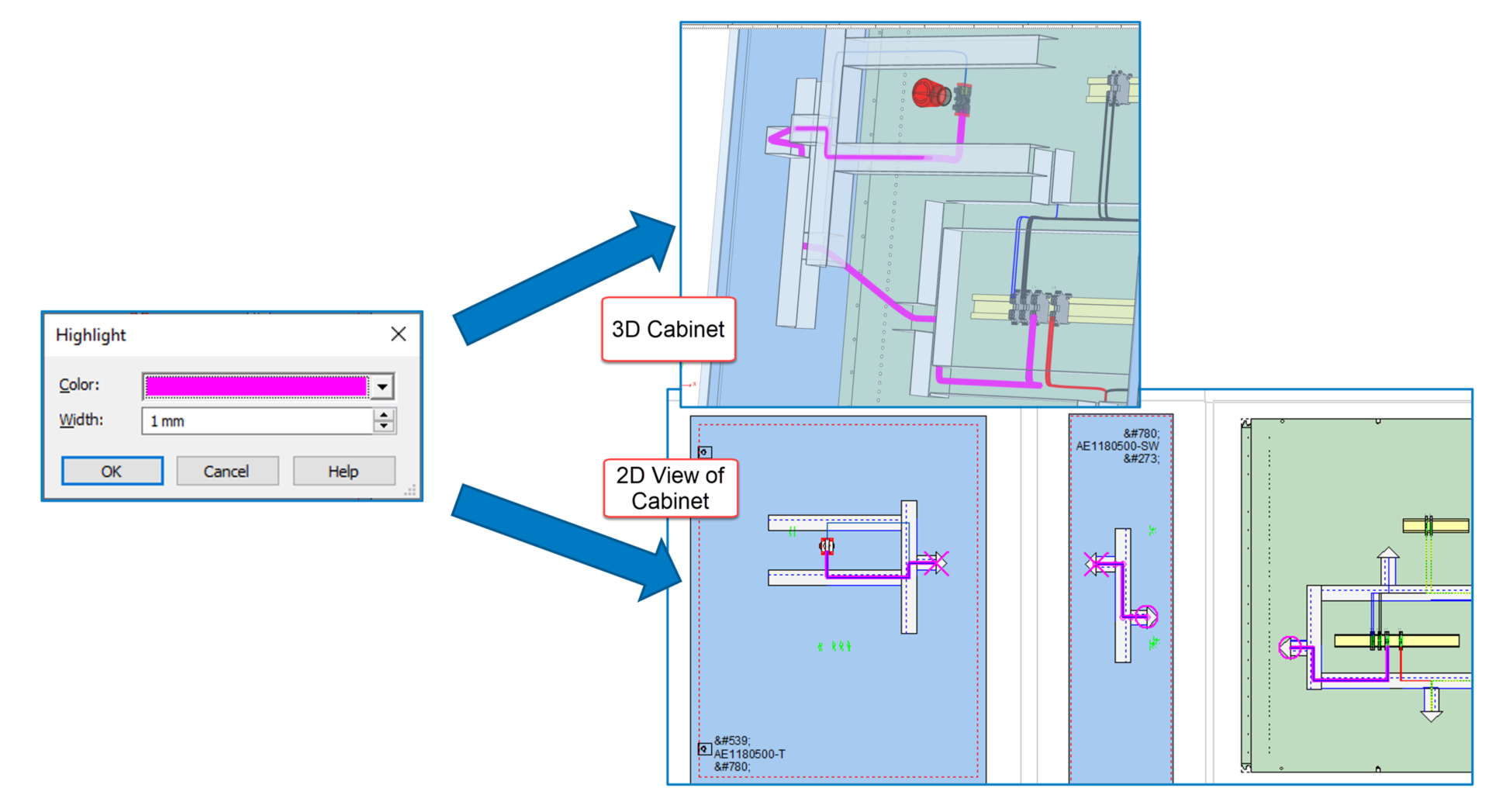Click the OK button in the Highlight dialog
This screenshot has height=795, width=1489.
pos(112,471)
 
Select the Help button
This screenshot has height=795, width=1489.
pos(343,471)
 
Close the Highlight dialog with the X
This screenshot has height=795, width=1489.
pos(399,334)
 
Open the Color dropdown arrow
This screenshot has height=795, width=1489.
pos(382,386)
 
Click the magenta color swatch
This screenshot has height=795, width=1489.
pos(256,386)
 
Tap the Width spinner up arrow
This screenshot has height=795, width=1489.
pos(384,415)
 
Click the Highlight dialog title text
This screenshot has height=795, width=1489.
pos(91,335)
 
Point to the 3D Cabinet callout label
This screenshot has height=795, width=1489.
pos(668,329)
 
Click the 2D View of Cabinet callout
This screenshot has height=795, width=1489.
pos(670,488)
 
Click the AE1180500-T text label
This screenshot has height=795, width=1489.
pos(749,754)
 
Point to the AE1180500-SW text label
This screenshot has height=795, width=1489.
pos(1117,446)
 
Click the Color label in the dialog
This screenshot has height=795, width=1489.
pos(79,385)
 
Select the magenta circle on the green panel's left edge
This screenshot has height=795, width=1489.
pos(1290,647)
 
